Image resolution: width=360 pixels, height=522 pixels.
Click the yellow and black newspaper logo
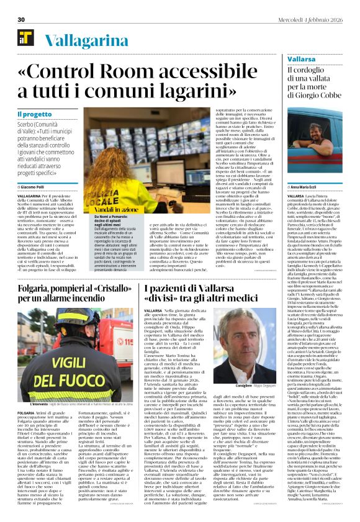25,38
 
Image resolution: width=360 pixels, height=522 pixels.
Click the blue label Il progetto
35,114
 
